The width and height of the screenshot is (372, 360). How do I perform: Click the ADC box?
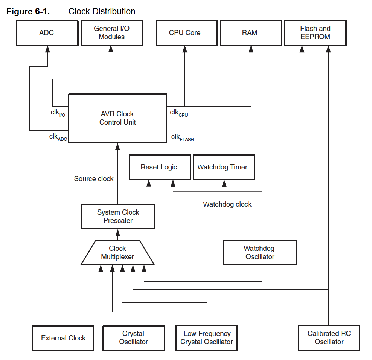pyautogui.click(x=47, y=33)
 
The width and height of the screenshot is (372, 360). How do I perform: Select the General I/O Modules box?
pyautogui.click(x=112, y=33)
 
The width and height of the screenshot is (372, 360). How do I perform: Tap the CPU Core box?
pyautogui.click(x=186, y=33)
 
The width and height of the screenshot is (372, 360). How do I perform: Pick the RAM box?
pyautogui.click(x=251, y=33)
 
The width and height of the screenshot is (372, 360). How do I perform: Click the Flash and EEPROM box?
pyautogui.click(x=315, y=33)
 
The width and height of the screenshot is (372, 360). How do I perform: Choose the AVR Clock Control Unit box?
pyautogui.click(x=118, y=118)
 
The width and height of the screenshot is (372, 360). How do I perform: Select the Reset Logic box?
pyautogui.click(x=160, y=167)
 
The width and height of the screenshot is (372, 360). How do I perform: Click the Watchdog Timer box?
pyautogui.click(x=224, y=167)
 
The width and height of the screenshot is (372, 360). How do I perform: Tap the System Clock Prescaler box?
pyautogui.click(x=118, y=217)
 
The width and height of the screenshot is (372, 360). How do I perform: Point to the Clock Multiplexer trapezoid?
pyautogui.click(x=118, y=253)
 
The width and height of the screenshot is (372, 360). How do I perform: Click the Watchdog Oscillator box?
pyautogui.click(x=260, y=253)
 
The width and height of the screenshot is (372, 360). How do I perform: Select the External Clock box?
pyautogui.click(x=63, y=338)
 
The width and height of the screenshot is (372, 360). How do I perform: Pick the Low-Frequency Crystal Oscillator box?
pyautogui.click(x=206, y=338)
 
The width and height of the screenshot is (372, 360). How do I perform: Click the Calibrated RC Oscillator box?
pyautogui.click(x=329, y=338)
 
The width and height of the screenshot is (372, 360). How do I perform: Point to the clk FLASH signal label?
pyautogui.click(x=183, y=137)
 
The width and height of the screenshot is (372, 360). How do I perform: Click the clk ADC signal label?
pyautogui.click(x=58, y=137)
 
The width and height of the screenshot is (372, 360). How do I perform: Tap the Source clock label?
pyautogui.click(x=94, y=179)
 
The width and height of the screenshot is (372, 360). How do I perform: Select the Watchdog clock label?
pyautogui.click(x=227, y=204)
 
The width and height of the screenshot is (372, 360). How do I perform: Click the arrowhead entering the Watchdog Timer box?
pyautogui.click(x=224, y=183)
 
